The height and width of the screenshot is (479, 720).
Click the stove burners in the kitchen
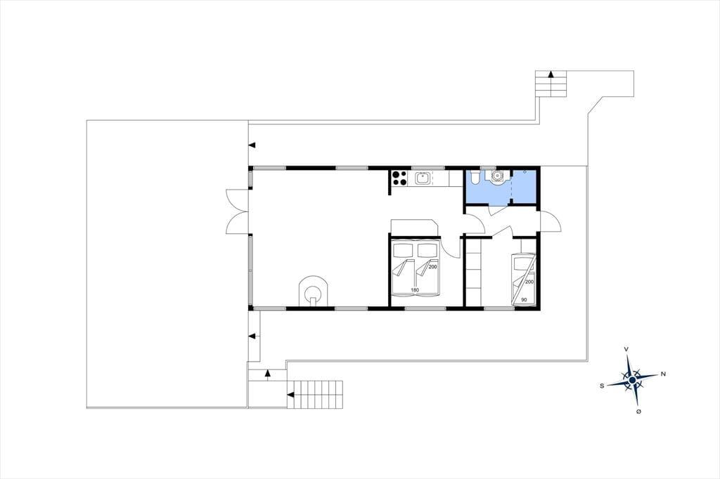(399, 178)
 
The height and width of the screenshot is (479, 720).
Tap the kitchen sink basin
(422, 178)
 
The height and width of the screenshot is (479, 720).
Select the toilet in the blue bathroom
(474, 178)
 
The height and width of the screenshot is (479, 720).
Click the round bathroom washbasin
(497, 176)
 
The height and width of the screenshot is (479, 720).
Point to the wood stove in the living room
(314, 291)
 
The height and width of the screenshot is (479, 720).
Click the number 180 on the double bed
(415, 290)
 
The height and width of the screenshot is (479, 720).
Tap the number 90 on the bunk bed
(524, 300)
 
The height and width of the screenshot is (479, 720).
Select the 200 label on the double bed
(432, 267)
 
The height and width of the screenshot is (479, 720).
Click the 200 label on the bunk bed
(529, 282)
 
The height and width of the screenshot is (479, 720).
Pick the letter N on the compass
(662, 374)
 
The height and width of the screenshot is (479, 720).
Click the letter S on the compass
(602, 386)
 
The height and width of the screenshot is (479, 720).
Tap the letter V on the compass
(626, 349)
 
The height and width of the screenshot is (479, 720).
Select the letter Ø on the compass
(638, 412)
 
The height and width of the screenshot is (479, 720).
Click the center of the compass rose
(632, 380)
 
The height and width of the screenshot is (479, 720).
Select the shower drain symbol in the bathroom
(525, 171)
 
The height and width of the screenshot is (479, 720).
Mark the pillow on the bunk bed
(522, 263)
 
